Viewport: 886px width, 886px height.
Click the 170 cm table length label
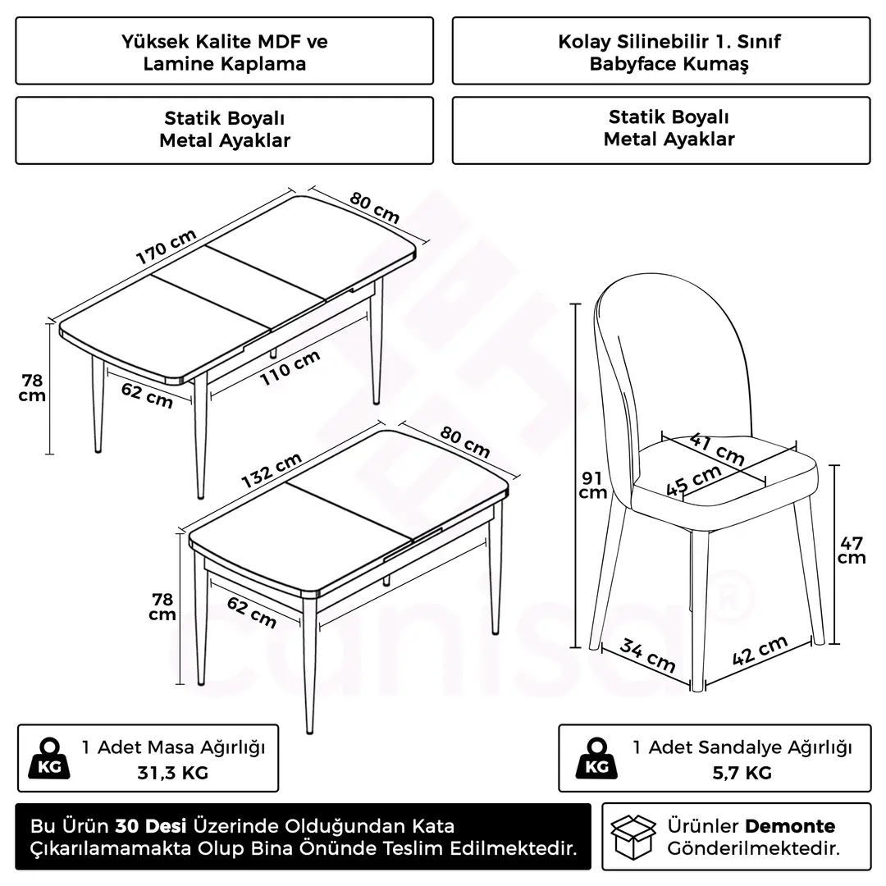(166, 246)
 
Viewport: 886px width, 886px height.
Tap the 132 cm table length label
(272, 470)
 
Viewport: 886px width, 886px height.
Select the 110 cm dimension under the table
(290, 368)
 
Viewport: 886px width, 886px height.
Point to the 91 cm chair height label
(593, 486)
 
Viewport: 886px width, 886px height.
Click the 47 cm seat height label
(852, 550)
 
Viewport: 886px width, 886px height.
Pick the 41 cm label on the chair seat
(717, 450)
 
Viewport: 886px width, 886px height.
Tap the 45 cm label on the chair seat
(693, 480)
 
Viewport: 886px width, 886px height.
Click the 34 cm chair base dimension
(647, 655)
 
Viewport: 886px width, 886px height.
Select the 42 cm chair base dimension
(760, 650)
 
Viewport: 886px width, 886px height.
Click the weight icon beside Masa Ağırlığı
(49, 758)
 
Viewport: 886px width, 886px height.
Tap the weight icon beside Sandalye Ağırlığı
(596, 758)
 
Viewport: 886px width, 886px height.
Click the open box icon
(633, 837)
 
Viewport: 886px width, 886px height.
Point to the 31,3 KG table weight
(173, 773)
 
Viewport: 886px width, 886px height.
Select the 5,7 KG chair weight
(742, 773)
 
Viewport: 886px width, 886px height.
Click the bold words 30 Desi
(151, 826)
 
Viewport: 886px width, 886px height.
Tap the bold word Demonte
(790, 826)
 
